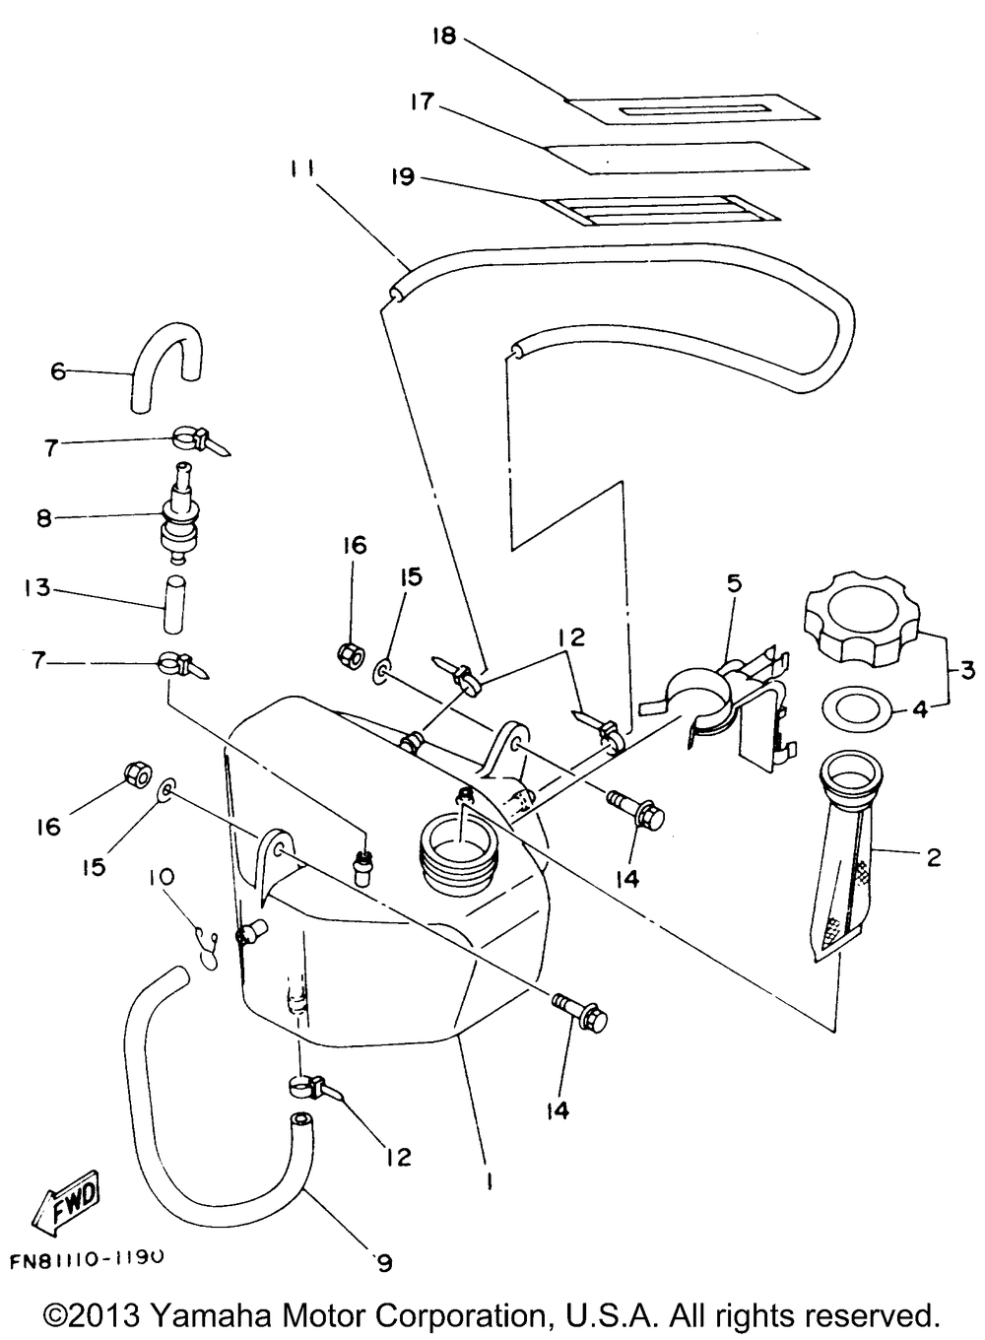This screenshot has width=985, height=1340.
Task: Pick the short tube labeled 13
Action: point(174,603)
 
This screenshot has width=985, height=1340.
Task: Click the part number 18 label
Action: point(445,35)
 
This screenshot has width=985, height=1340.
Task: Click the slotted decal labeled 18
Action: point(691,109)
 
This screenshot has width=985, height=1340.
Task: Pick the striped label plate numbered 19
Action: point(664,211)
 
